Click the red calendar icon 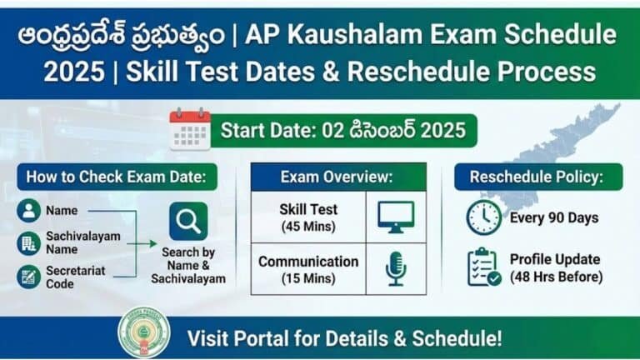click(x=190, y=130)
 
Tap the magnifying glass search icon click(x=189, y=222)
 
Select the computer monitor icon click(x=395, y=216)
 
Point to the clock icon click(x=483, y=218)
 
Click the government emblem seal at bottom click(x=143, y=332)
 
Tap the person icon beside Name click(x=28, y=211)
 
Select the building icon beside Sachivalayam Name click(x=28, y=243)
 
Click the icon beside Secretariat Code click(x=28, y=277)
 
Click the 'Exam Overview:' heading click(x=337, y=177)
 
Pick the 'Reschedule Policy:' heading click(x=534, y=177)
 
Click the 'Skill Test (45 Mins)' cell click(x=308, y=216)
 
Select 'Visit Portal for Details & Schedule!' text click(x=344, y=338)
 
